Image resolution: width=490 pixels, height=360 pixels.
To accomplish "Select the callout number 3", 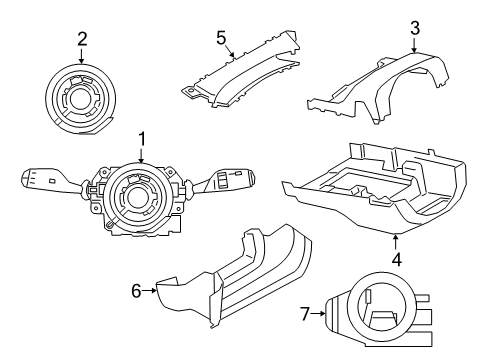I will click(413, 27).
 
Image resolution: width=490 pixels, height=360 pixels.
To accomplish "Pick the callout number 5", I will click(221, 37).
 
